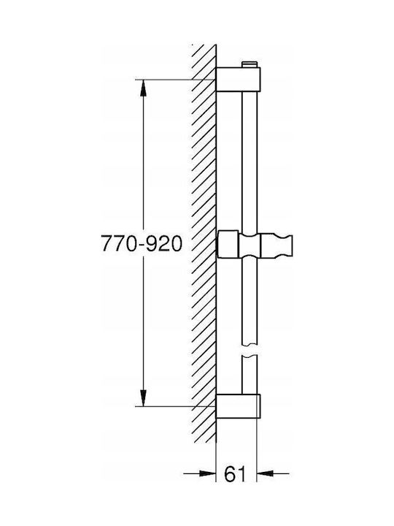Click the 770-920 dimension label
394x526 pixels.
coord(142,243)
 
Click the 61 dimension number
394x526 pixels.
coord(234,473)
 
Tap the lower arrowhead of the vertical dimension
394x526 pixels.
coord(143,397)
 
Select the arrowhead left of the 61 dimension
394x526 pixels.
coord(207,473)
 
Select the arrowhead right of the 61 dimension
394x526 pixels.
coord(265,473)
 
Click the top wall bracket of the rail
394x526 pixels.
coord(238,79)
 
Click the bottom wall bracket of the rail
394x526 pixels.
coord(238,406)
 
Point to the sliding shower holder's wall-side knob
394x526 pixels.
coord(228,244)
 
